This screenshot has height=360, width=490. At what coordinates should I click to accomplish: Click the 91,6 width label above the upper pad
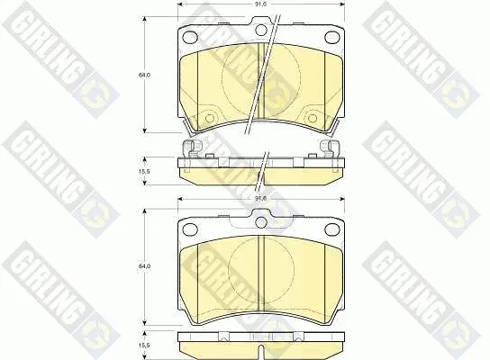[260, 4]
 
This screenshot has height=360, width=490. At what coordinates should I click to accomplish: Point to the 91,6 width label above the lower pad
[260, 198]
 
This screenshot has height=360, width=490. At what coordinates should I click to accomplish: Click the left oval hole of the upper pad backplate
[190, 38]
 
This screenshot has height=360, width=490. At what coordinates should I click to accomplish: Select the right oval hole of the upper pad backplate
[331, 38]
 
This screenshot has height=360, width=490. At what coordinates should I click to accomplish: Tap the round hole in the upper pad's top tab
[260, 30]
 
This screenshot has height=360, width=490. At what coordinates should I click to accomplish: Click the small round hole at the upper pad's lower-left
[210, 118]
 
